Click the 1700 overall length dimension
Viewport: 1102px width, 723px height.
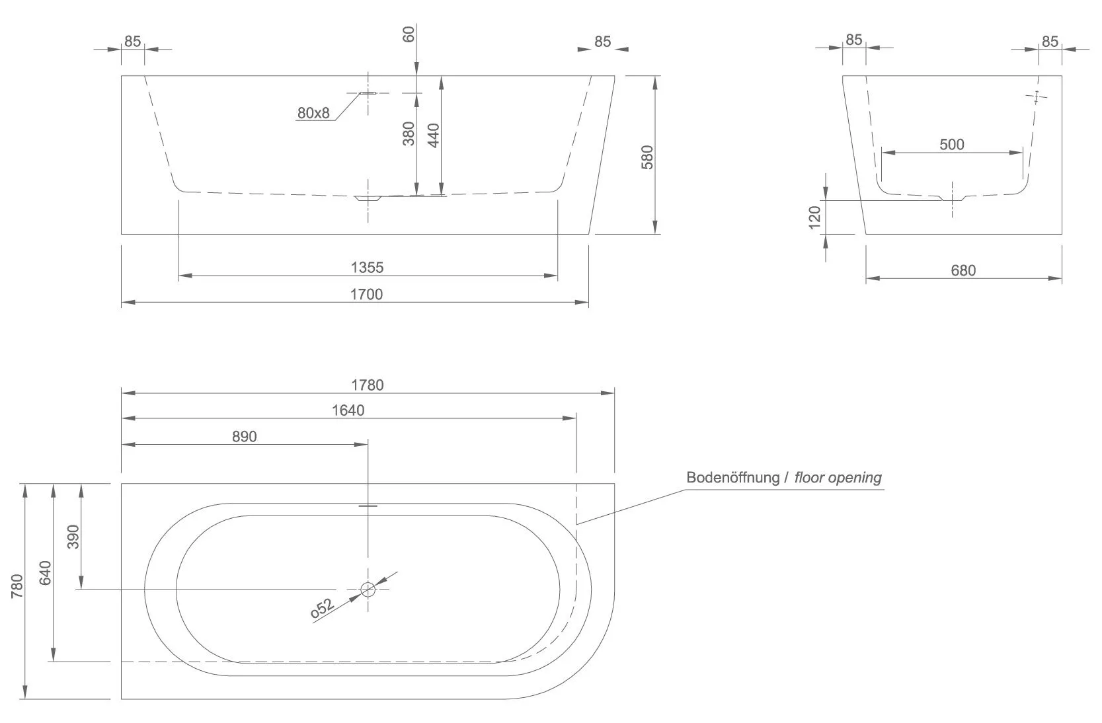[366, 294]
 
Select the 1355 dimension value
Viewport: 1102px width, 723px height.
[367, 268]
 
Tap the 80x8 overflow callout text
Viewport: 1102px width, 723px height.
[313, 113]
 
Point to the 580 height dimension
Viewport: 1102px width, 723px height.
[647, 157]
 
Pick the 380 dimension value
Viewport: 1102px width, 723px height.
[409, 133]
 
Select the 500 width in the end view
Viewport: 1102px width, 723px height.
[952, 144]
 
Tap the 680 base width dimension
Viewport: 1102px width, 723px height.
[963, 270]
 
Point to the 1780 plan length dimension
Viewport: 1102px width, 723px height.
[368, 385]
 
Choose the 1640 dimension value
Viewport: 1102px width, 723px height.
[348, 410]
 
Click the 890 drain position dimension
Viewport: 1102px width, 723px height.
[245, 436]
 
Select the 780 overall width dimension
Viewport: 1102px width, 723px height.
[17, 586]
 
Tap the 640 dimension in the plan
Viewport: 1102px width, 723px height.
[46, 572]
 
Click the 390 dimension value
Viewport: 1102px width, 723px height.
[73, 536]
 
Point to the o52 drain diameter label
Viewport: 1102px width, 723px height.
[322, 609]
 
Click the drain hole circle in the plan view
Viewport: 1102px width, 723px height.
[368, 589]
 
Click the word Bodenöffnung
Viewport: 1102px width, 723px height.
[733, 477]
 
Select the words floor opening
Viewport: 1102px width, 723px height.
[838, 477]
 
